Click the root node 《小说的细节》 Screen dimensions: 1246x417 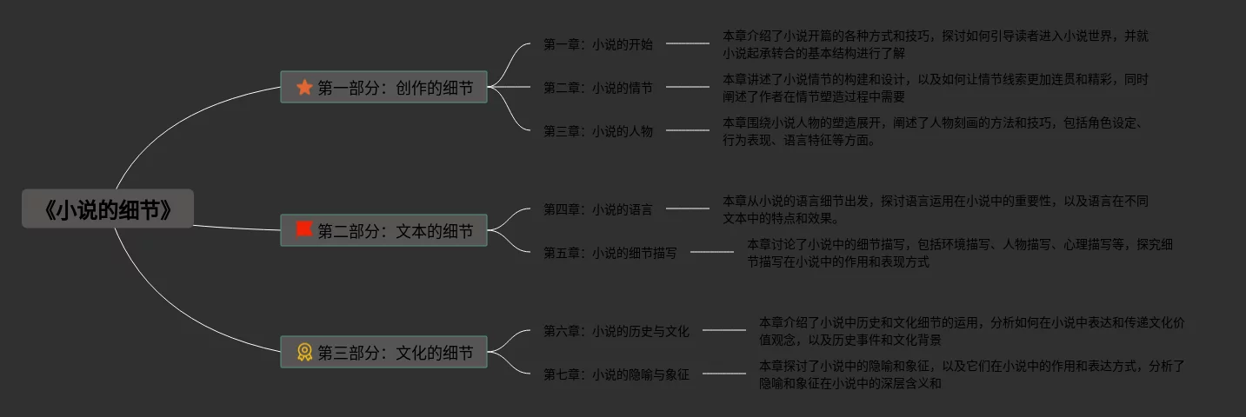click(107, 209)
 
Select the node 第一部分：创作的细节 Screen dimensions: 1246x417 click(383, 87)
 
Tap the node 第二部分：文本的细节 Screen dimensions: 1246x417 click(383, 230)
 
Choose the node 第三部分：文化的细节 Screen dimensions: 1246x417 click(383, 352)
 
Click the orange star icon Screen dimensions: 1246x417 click(304, 87)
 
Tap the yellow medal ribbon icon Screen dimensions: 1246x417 click(304, 352)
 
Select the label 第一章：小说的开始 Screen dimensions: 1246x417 click(598, 44)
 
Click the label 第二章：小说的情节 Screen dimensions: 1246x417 click(598, 88)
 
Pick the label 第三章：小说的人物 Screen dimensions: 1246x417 click(598, 131)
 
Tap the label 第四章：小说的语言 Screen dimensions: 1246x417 click(598, 209)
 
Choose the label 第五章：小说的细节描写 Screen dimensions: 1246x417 click(610, 253)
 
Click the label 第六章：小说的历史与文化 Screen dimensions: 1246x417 click(616, 331)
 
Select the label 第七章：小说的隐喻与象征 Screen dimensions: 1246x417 click(616, 374)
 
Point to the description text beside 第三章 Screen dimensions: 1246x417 click(931, 131)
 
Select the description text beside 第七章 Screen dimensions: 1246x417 click(971, 374)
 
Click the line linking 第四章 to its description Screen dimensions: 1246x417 click(688, 208)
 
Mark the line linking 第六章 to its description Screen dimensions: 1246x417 click(724, 330)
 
